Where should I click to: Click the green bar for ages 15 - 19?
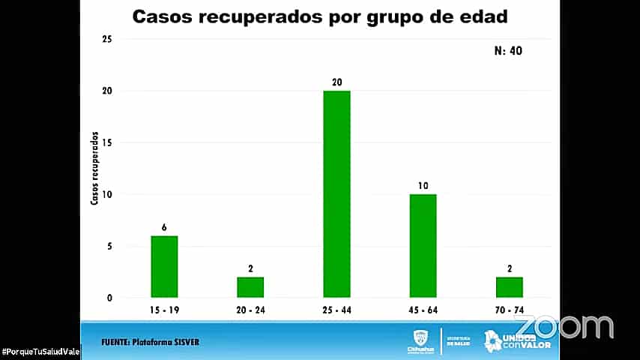pos(164,266)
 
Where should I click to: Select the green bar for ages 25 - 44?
pos(336,193)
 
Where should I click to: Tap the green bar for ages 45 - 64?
pos(423,245)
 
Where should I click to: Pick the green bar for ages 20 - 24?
pos(250,287)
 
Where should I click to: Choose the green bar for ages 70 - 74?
pos(509,287)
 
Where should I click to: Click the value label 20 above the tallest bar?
pos(336,82)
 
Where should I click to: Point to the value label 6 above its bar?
pos(164,227)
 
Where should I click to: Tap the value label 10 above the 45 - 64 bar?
pos(423,186)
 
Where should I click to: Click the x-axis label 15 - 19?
pos(164,309)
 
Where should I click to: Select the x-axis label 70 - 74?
pos(509,309)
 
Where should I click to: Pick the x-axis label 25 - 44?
pos(336,309)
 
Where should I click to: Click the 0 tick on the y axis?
pos(109,298)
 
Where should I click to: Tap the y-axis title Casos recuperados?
pos(94,169)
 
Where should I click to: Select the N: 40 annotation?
pos(509,52)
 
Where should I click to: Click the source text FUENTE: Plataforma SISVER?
pos(151,343)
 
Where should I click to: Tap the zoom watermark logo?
pos(564,326)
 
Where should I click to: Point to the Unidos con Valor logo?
pos(518,340)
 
